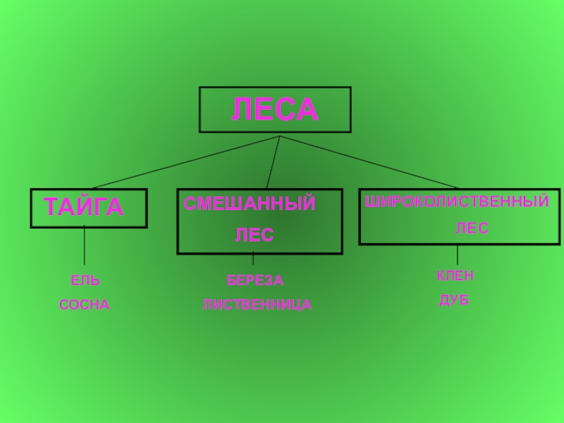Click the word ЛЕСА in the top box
[x=275, y=110]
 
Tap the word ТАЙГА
[x=84, y=208]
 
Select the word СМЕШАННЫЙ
[x=250, y=204]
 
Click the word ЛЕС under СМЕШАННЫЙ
[x=254, y=235]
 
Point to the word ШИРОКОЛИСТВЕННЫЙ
[x=457, y=203]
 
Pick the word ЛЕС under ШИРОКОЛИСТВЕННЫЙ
[x=472, y=229]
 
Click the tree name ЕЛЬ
[x=85, y=281]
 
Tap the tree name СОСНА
[x=85, y=305]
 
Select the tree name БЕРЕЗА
[x=255, y=281]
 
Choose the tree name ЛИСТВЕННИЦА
[x=257, y=305]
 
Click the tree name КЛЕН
[x=455, y=276]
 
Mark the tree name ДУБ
[x=455, y=301]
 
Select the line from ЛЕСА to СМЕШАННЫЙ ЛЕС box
[x=274, y=162]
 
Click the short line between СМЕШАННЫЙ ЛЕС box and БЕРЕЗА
[x=253, y=259]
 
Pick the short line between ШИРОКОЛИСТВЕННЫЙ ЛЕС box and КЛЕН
[x=458, y=255]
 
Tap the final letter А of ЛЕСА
[x=306, y=110]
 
